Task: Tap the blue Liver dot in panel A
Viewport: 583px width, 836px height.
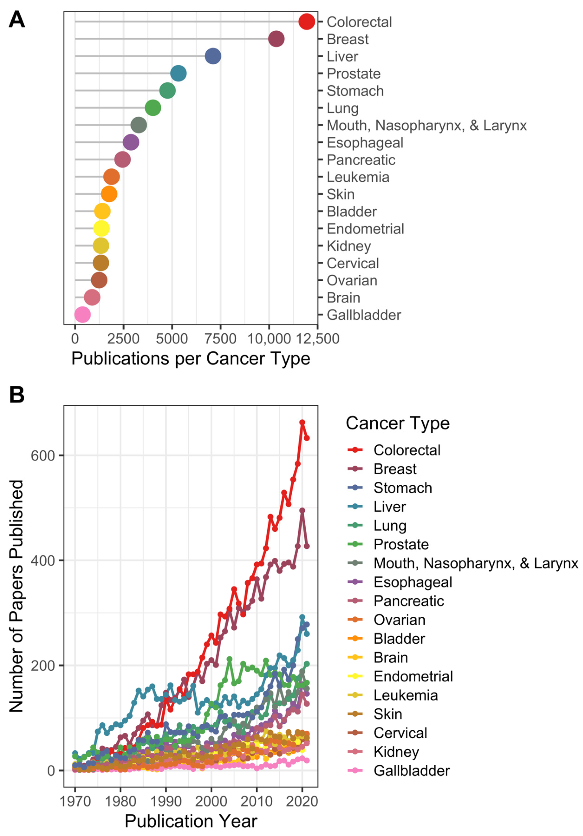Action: [213, 56]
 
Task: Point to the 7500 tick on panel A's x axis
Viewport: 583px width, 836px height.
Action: [221, 339]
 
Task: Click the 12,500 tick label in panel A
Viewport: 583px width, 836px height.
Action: [317, 339]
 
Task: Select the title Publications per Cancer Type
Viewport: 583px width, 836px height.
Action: [191, 359]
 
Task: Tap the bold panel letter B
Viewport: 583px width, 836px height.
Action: [17, 395]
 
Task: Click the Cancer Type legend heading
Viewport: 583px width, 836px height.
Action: [397, 423]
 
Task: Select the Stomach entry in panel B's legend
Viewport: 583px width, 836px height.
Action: [403, 488]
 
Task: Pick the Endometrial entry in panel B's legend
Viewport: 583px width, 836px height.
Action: [413, 676]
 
